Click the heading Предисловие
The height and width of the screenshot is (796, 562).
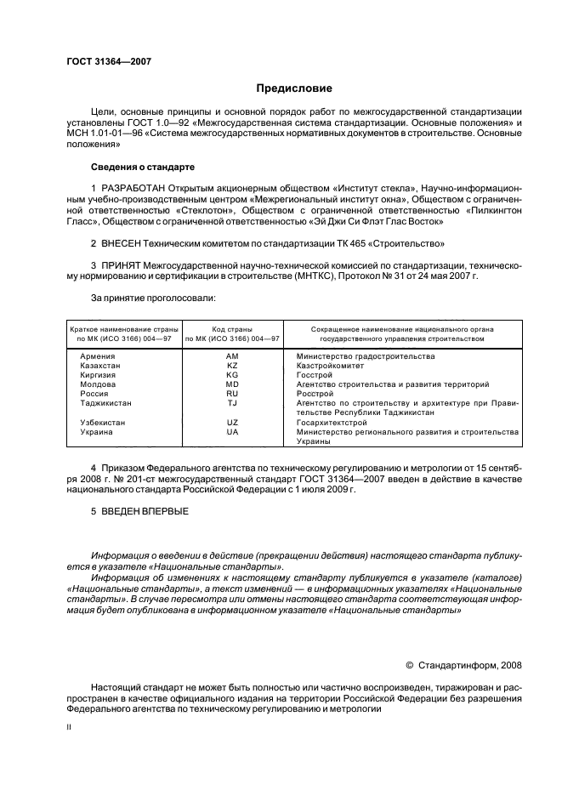[294, 88]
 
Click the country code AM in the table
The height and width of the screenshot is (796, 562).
[232, 356]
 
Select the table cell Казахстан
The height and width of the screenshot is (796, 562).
[100, 366]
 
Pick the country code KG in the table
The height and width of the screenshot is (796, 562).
[232, 375]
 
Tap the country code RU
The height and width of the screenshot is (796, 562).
[232, 394]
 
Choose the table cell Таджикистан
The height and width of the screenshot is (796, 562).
[105, 403]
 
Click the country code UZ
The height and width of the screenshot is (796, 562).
[232, 422]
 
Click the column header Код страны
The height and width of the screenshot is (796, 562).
[232, 328]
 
